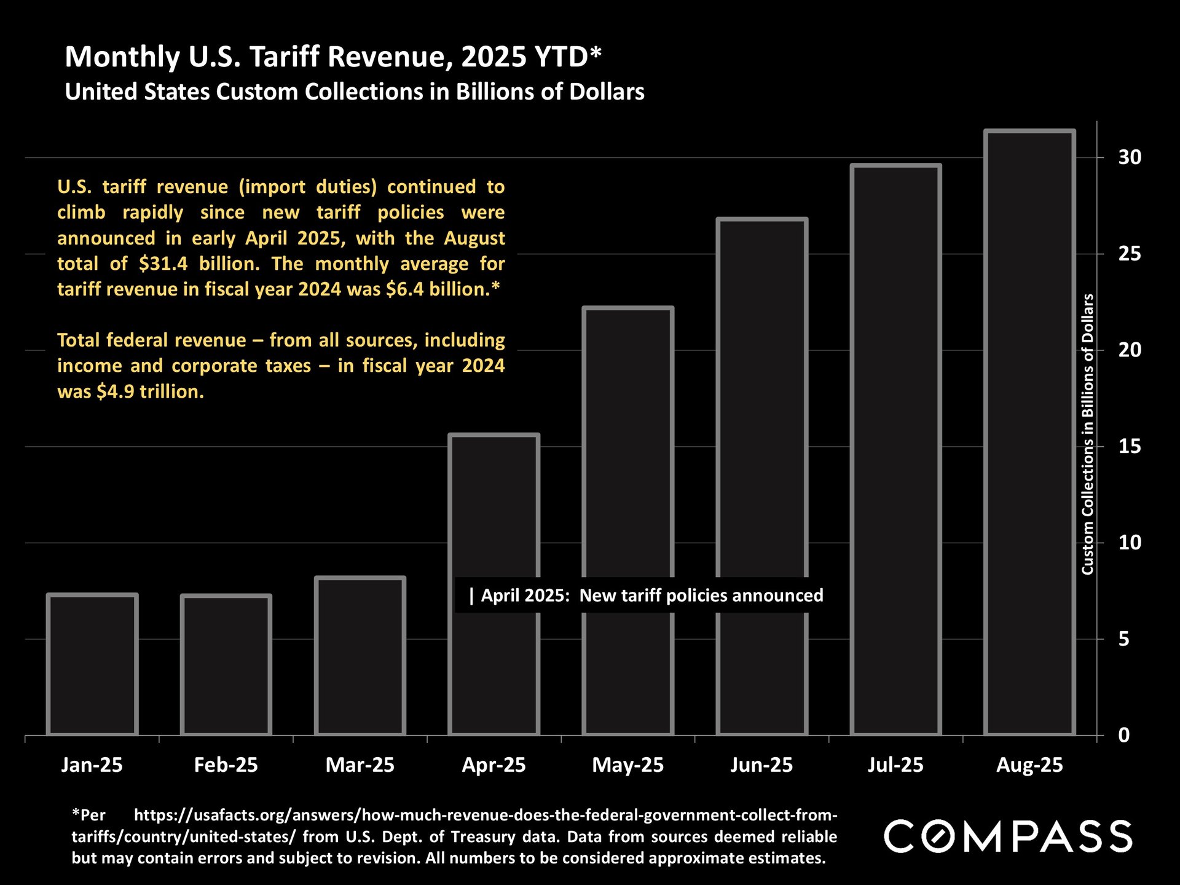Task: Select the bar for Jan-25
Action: pos(92,664)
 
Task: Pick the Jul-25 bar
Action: pos(896,449)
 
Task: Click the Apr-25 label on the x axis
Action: pos(494,765)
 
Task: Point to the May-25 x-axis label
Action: pos(627,765)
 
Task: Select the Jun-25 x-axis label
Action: pos(761,765)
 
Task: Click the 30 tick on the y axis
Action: pos(1129,157)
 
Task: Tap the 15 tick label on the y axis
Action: pos(1129,446)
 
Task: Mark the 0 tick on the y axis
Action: pos(1123,735)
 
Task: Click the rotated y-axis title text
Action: pos(1087,434)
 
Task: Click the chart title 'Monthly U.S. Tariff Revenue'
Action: pos(332,57)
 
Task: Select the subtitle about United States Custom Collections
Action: pos(354,92)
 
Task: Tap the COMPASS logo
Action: pos(1008,836)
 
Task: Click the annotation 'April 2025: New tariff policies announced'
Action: pos(645,596)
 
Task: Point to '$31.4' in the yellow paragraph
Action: pos(163,264)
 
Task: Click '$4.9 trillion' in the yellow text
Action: pos(150,391)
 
